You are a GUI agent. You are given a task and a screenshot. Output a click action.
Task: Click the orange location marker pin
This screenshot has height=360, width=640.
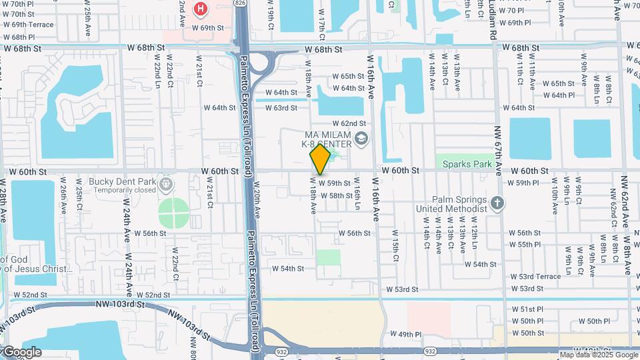320,160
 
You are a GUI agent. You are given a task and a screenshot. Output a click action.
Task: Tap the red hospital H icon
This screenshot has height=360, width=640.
199,9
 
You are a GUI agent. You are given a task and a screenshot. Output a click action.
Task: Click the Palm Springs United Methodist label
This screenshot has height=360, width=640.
451,204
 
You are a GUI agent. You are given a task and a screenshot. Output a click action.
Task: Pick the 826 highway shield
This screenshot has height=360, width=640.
240,3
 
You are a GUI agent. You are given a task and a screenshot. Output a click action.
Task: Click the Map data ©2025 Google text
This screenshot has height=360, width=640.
598,355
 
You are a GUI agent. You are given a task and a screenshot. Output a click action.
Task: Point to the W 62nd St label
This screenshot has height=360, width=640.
349,123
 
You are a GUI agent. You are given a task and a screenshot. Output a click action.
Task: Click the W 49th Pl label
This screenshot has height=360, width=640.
406,334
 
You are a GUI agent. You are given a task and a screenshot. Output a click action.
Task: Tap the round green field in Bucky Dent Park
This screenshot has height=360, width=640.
174,213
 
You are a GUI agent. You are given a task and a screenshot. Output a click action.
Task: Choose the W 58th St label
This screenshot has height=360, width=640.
337,196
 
